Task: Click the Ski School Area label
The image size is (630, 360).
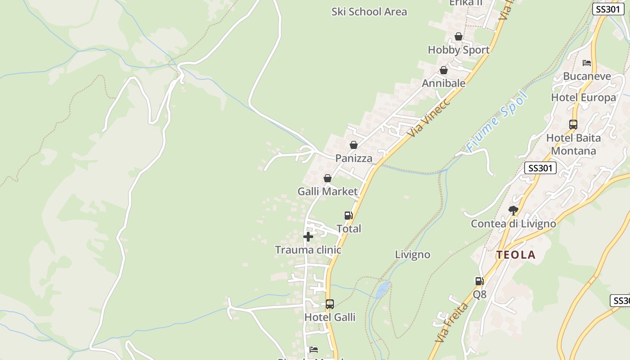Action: pos(369,12)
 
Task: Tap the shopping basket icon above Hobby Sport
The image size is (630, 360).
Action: pos(459,36)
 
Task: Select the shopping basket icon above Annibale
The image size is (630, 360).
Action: pos(444,70)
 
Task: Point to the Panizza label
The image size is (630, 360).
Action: pos(354,158)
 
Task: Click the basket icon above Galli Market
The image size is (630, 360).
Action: pos(328,178)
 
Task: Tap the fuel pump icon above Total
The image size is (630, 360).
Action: pos(348,216)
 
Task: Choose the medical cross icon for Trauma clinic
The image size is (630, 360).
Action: pos(308,237)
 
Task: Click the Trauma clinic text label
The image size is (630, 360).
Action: pos(308,250)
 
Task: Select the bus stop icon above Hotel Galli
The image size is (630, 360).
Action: pos(330,304)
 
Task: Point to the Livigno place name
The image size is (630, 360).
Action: pos(413,255)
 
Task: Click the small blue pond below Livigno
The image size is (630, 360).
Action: pos(382,289)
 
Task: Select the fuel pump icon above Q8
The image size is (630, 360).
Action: pos(480,281)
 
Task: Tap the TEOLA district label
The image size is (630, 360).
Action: pos(516,255)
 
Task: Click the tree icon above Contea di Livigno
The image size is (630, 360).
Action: pos(513,210)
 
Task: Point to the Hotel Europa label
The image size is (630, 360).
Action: pos(584,98)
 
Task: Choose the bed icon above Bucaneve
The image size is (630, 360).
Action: pos(587,63)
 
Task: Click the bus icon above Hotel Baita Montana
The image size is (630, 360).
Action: pos(573,125)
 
